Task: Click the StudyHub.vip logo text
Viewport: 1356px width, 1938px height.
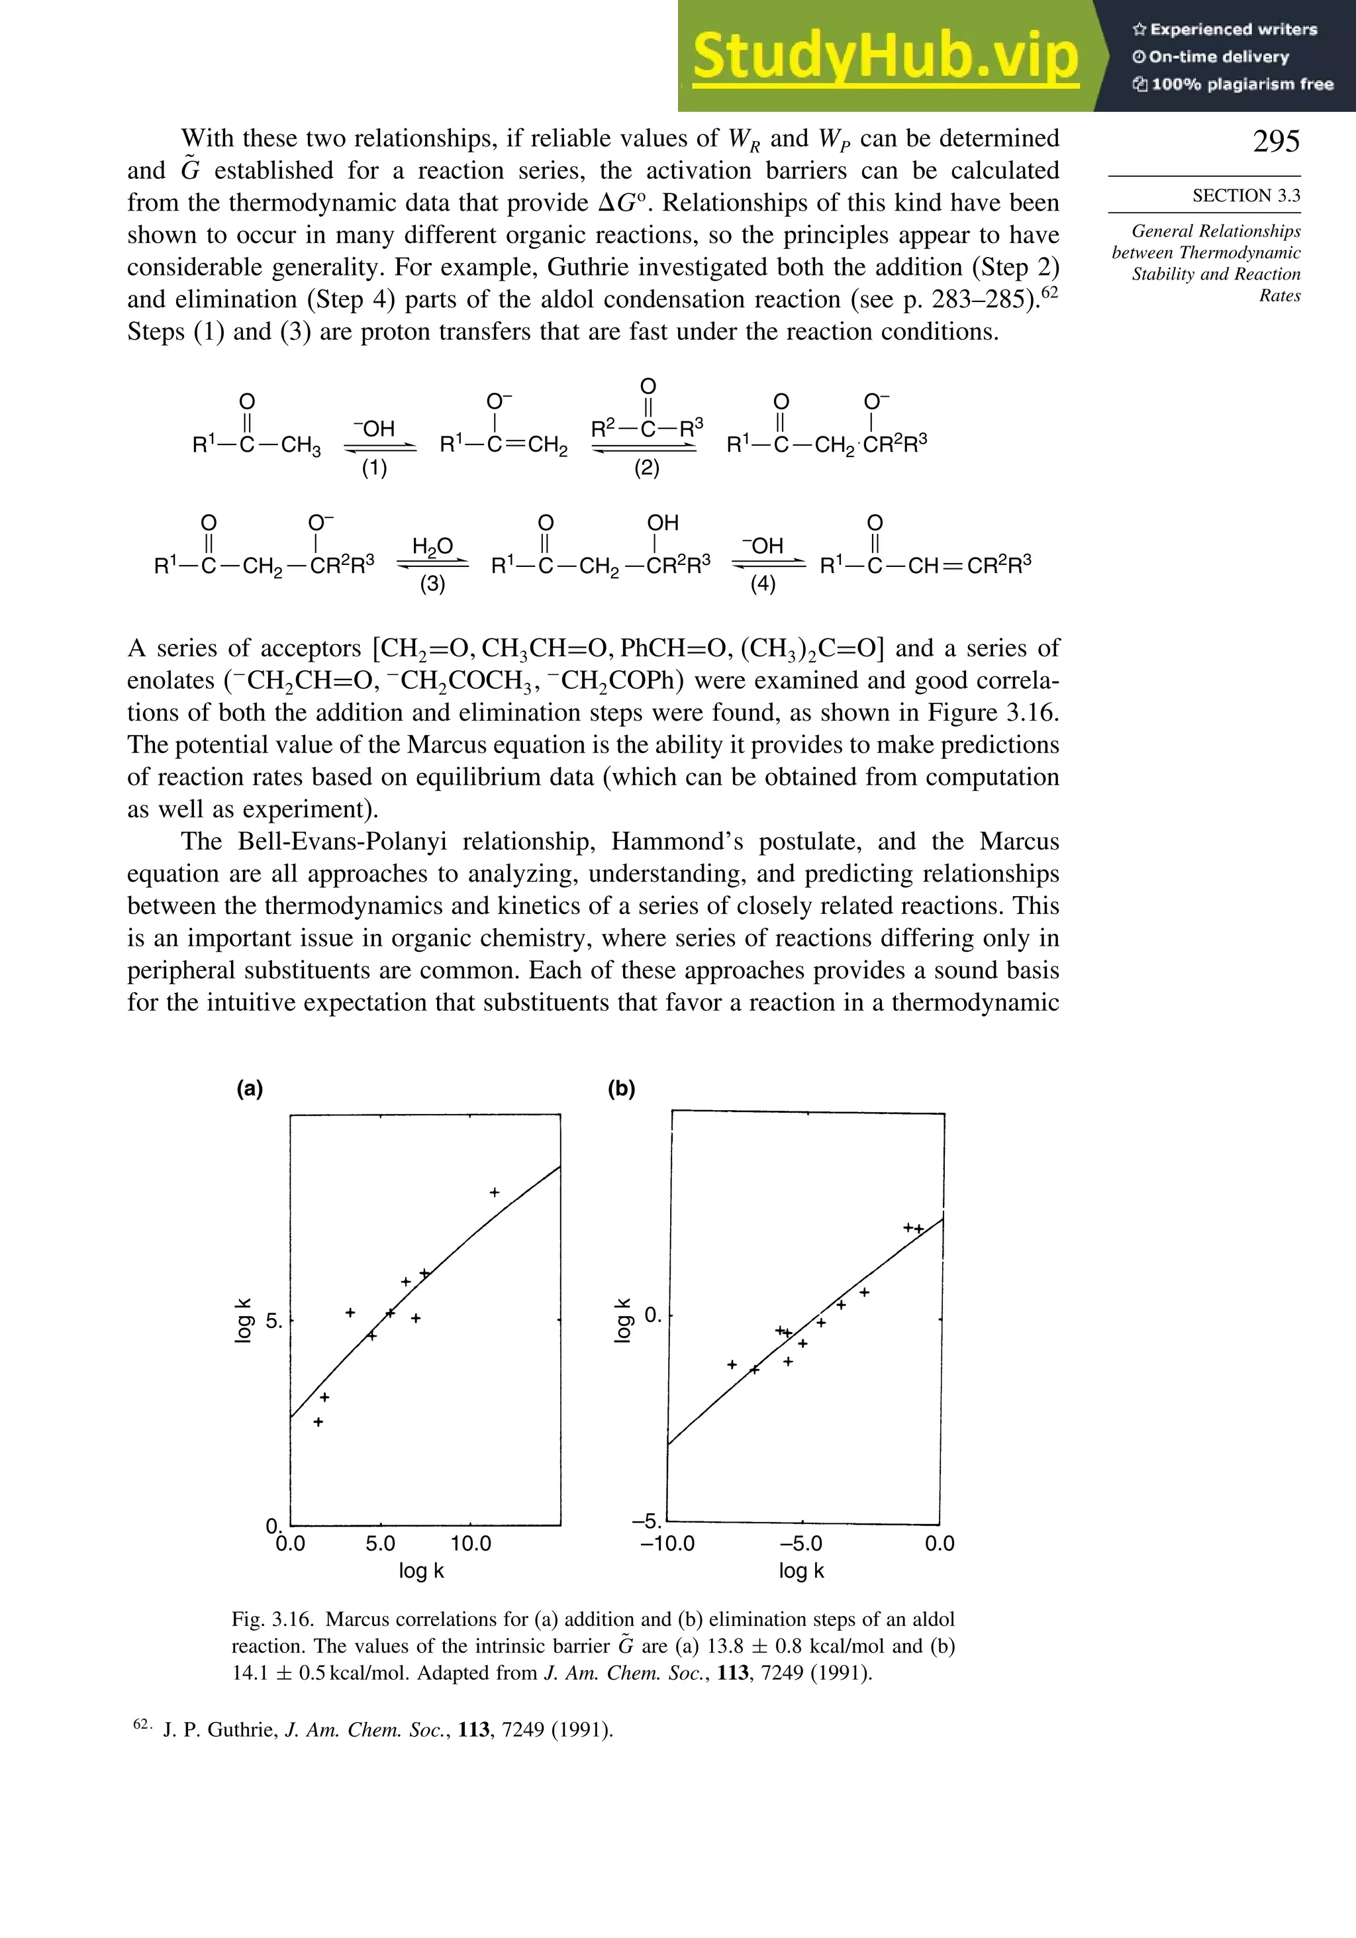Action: (x=885, y=56)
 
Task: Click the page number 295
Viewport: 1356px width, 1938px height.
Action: (x=1276, y=141)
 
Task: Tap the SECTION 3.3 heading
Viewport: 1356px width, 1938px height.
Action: (x=1245, y=196)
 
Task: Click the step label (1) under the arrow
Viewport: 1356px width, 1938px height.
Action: (x=375, y=468)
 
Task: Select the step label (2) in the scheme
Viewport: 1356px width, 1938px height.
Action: (x=646, y=468)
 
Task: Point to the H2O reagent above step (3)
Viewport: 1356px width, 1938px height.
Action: (x=433, y=547)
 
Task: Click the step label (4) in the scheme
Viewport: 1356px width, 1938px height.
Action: (x=763, y=584)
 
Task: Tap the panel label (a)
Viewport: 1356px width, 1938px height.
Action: (x=250, y=1088)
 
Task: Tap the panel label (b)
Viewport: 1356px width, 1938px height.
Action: (x=621, y=1088)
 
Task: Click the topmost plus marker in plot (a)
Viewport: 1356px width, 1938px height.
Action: (x=495, y=1192)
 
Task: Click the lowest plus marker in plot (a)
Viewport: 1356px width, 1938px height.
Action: (x=318, y=1421)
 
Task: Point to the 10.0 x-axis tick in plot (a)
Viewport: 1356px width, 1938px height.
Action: (x=470, y=1544)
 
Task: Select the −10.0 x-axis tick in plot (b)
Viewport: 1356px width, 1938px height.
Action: (x=667, y=1544)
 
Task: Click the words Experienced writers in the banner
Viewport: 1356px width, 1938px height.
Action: (x=1233, y=30)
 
